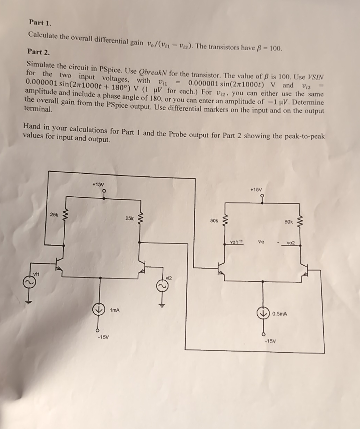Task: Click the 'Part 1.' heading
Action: pos(40,23)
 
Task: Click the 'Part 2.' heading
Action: pos(38,52)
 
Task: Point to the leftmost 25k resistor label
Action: pos(54,215)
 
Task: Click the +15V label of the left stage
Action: pos(98,185)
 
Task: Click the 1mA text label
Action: pos(114,310)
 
